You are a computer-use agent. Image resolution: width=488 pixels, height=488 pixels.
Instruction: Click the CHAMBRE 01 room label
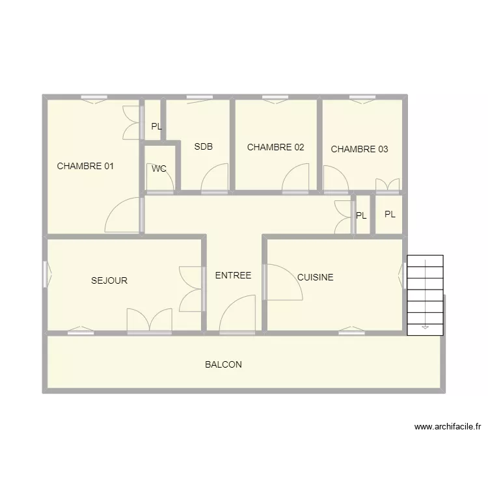tap(85, 166)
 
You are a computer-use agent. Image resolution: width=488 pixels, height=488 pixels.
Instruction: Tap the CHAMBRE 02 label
tap(275, 147)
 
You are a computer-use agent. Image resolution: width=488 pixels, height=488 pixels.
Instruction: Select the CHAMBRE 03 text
tap(359, 149)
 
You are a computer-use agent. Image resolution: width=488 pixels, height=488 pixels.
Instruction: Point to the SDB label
tap(203, 146)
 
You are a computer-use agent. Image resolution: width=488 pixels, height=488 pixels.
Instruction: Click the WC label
tap(159, 169)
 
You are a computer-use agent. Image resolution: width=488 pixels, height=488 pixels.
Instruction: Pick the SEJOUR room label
tap(109, 281)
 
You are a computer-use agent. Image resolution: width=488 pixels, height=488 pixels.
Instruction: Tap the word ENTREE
tap(233, 275)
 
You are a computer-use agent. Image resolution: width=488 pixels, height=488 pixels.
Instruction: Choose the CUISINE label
tap(315, 277)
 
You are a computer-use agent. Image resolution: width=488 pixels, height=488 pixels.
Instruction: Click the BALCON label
tap(223, 364)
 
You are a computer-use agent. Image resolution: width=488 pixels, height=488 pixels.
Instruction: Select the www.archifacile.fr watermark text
tap(447, 427)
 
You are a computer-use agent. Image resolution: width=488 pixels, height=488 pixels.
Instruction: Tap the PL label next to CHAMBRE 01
tap(156, 127)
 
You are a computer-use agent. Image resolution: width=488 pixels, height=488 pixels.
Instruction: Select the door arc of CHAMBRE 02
tap(296, 178)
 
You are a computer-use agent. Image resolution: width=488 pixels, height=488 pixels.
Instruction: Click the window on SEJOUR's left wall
tap(46, 274)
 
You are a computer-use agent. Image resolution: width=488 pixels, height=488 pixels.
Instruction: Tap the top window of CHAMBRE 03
tap(362, 98)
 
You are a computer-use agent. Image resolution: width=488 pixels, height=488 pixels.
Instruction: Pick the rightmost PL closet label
tap(390, 214)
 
